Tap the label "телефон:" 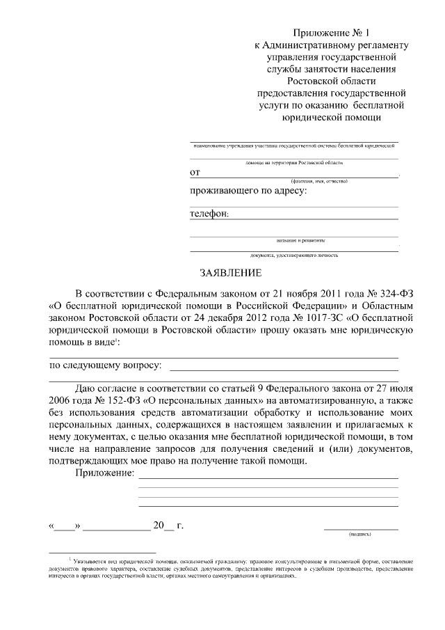point(209,214)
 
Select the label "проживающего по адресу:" point(248,190)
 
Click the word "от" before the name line point(195,171)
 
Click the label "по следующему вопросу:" point(105,365)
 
